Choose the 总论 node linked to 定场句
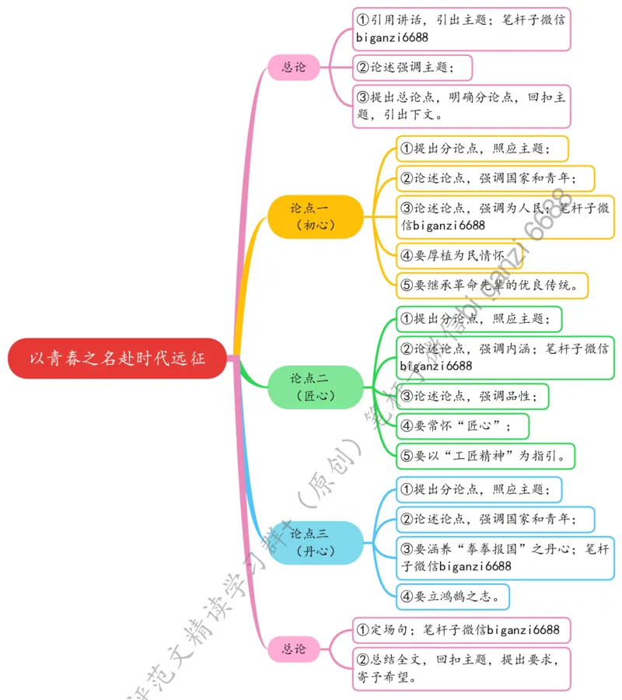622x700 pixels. (x=294, y=648)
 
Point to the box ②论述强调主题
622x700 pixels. (x=412, y=67)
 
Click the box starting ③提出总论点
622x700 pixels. (x=461, y=106)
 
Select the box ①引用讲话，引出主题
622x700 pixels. (x=461, y=29)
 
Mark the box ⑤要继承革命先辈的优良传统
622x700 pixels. (x=491, y=285)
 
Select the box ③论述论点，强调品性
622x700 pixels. (x=473, y=396)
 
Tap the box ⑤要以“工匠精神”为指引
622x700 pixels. (x=485, y=455)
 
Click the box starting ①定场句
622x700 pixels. (x=461, y=628)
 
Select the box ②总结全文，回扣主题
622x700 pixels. (x=461, y=667)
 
